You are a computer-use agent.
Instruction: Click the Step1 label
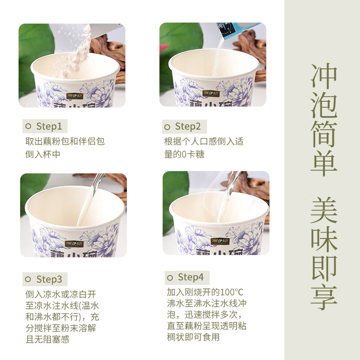pyautogui.click(x=49, y=126)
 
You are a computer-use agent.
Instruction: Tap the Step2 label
pyautogui.click(x=188, y=126)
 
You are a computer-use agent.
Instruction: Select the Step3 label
pyautogui.click(x=49, y=279)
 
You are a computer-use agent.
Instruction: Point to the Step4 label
pyautogui.click(x=191, y=277)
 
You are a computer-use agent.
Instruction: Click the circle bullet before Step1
pyautogui.click(x=28, y=127)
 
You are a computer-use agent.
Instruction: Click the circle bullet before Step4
pyautogui.click(x=170, y=277)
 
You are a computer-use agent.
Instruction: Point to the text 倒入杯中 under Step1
pyautogui.click(x=43, y=154)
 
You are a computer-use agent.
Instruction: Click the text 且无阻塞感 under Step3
pyautogui.click(x=47, y=340)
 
